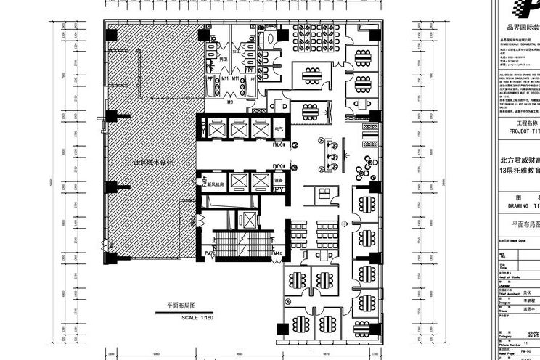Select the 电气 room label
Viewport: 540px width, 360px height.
click(x=279, y=128)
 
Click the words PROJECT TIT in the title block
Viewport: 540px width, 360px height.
click(x=521, y=132)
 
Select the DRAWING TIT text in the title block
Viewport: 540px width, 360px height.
click(x=522, y=205)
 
